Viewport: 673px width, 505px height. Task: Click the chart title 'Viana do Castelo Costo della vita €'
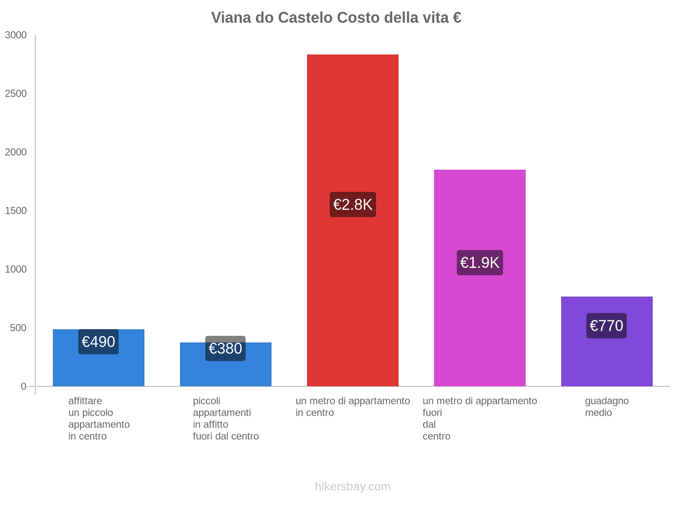click(x=336, y=18)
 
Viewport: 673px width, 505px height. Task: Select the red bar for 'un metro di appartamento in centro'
click(x=352, y=126)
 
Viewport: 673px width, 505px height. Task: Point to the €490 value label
click(x=98, y=342)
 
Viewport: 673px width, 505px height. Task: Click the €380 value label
click(x=225, y=348)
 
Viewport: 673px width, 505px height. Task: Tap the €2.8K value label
click(x=352, y=205)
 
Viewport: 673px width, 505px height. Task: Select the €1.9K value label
click(x=480, y=263)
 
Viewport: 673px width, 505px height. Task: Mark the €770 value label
click(x=607, y=326)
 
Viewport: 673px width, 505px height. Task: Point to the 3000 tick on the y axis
click(x=16, y=35)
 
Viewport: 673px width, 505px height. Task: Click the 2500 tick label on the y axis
click(x=16, y=94)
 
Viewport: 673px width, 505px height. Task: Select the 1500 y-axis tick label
click(x=16, y=211)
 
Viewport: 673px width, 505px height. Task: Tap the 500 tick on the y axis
click(x=19, y=328)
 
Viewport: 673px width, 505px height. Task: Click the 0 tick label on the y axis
click(x=24, y=386)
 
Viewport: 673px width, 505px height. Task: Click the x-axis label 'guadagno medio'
click(x=607, y=407)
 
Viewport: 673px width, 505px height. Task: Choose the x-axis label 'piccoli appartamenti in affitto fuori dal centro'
click(x=225, y=418)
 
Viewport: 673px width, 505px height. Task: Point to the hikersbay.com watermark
click(x=352, y=486)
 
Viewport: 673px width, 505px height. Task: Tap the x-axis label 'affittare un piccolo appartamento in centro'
click(x=99, y=418)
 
